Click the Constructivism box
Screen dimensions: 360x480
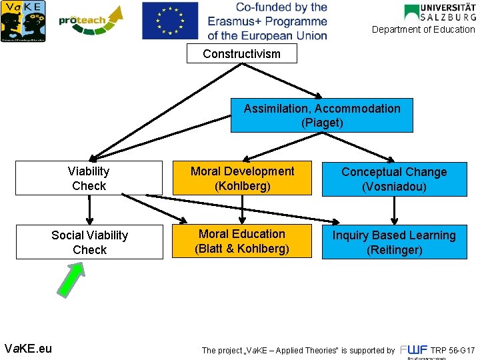[241, 54]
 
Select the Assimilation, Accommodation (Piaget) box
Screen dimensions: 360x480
[322, 115]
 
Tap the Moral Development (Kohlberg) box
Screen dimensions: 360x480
[242, 178]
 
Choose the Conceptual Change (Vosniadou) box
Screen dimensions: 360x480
[394, 179]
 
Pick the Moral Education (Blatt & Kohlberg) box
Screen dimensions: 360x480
[242, 241]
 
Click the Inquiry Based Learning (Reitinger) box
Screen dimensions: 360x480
[394, 242]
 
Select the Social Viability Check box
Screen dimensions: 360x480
[89, 242]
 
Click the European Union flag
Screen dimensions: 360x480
[170, 21]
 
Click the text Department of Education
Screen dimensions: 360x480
[423, 29]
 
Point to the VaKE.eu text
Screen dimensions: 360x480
[28, 348]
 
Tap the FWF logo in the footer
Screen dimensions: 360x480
[413, 350]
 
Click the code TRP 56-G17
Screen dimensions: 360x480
[453, 350]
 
